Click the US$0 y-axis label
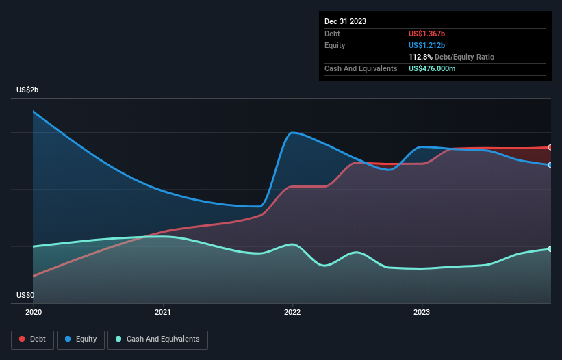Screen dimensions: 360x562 point(25,295)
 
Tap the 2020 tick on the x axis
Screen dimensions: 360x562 point(33,312)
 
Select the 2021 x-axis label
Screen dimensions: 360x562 point(163,312)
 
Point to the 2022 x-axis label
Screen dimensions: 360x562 point(292,312)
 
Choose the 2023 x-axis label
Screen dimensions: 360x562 point(422,312)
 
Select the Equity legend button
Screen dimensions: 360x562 point(81,339)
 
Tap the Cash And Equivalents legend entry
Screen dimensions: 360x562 point(157,339)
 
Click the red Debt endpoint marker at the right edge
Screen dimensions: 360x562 point(550,147)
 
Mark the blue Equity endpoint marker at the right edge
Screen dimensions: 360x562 point(550,165)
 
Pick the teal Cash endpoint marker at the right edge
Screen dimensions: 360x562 point(550,248)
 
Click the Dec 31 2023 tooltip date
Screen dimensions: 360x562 point(345,21)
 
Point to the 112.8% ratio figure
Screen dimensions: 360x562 point(421,57)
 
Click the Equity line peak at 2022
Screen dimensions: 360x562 point(292,132)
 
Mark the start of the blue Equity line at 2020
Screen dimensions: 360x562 point(34,112)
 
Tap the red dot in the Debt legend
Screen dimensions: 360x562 point(22,339)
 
